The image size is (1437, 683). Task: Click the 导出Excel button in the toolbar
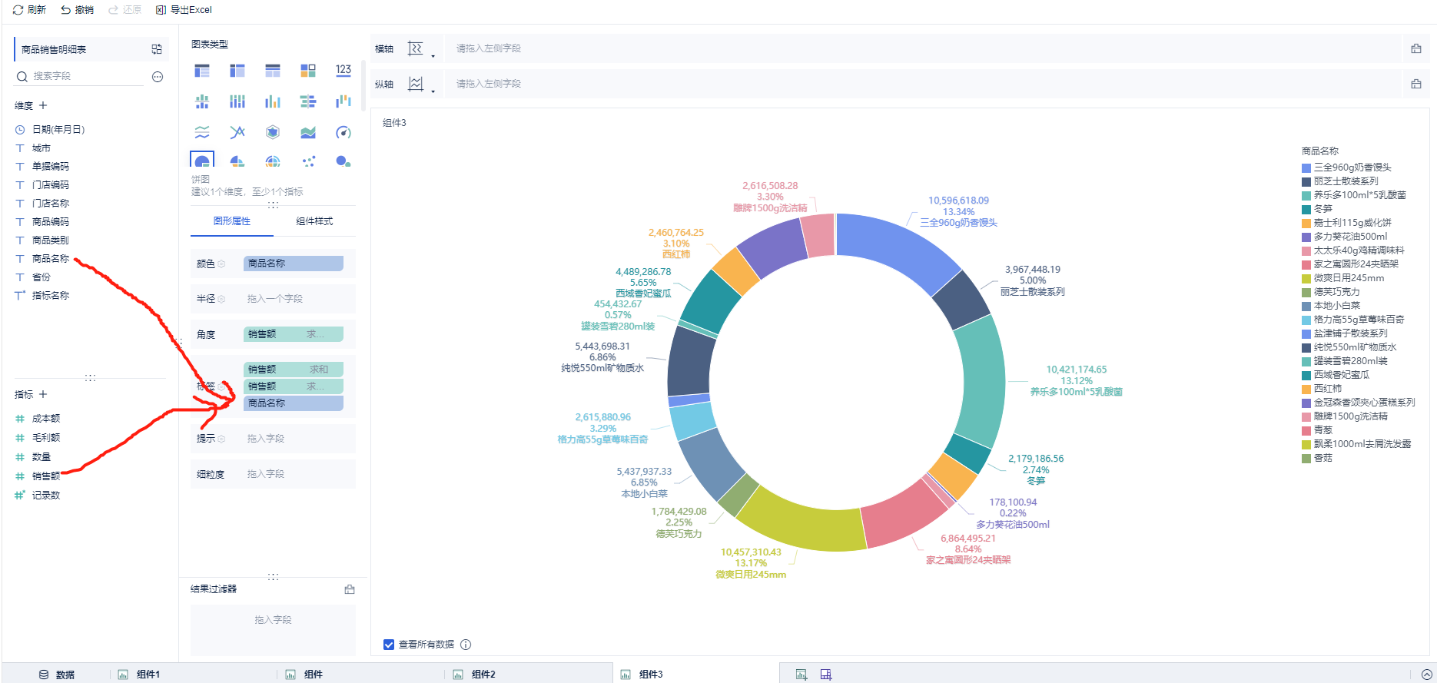[184, 10]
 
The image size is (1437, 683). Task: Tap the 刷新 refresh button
[30, 10]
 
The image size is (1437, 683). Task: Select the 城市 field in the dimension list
[41, 148]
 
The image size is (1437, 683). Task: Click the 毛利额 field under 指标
[45, 438]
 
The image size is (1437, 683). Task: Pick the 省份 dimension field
[41, 277]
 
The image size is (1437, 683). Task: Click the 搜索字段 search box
[85, 76]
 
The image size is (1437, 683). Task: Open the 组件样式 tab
[314, 221]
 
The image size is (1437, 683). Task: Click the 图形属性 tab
[231, 221]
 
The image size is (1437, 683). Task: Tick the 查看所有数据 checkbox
[389, 645]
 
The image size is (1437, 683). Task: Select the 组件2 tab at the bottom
[483, 675]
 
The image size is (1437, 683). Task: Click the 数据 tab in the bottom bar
[65, 675]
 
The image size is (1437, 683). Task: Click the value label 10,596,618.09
[958, 201]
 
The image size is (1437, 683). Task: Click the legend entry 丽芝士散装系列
[1346, 181]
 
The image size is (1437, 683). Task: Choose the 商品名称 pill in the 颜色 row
[293, 264]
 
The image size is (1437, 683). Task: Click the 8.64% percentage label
[967, 549]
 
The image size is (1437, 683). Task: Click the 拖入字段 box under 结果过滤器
[273, 620]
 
